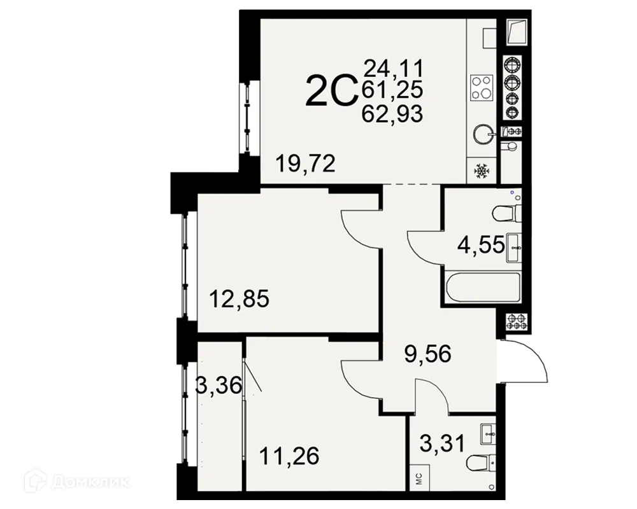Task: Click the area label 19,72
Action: tap(306, 164)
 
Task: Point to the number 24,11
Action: tap(393, 67)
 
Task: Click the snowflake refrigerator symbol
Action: tap(482, 171)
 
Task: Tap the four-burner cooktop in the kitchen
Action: tap(482, 88)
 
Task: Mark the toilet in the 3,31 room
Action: tap(480, 463)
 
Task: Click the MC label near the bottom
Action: tap(419, 478)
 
